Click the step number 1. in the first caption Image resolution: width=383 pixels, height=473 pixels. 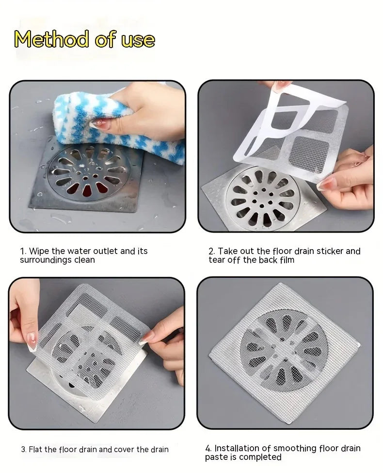click(23, 251)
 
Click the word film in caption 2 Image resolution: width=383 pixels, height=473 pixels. click(286, 260)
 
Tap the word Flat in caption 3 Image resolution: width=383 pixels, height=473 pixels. click(36, 449)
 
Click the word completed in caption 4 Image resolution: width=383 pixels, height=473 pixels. click(264, 457)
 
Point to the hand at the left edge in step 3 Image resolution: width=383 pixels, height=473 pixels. click(24, 311)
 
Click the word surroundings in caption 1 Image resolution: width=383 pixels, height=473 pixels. click(47, 260)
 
